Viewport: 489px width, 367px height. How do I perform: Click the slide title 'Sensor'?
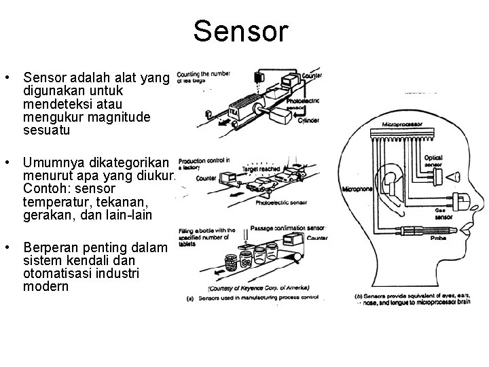(240, 31)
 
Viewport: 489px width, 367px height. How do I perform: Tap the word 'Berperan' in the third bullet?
(51, 248)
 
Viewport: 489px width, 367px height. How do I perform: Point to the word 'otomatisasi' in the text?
(55, 274)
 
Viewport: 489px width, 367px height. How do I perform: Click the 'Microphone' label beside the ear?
(357, 189)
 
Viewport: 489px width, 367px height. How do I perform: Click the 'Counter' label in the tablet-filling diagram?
(316, 238)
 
